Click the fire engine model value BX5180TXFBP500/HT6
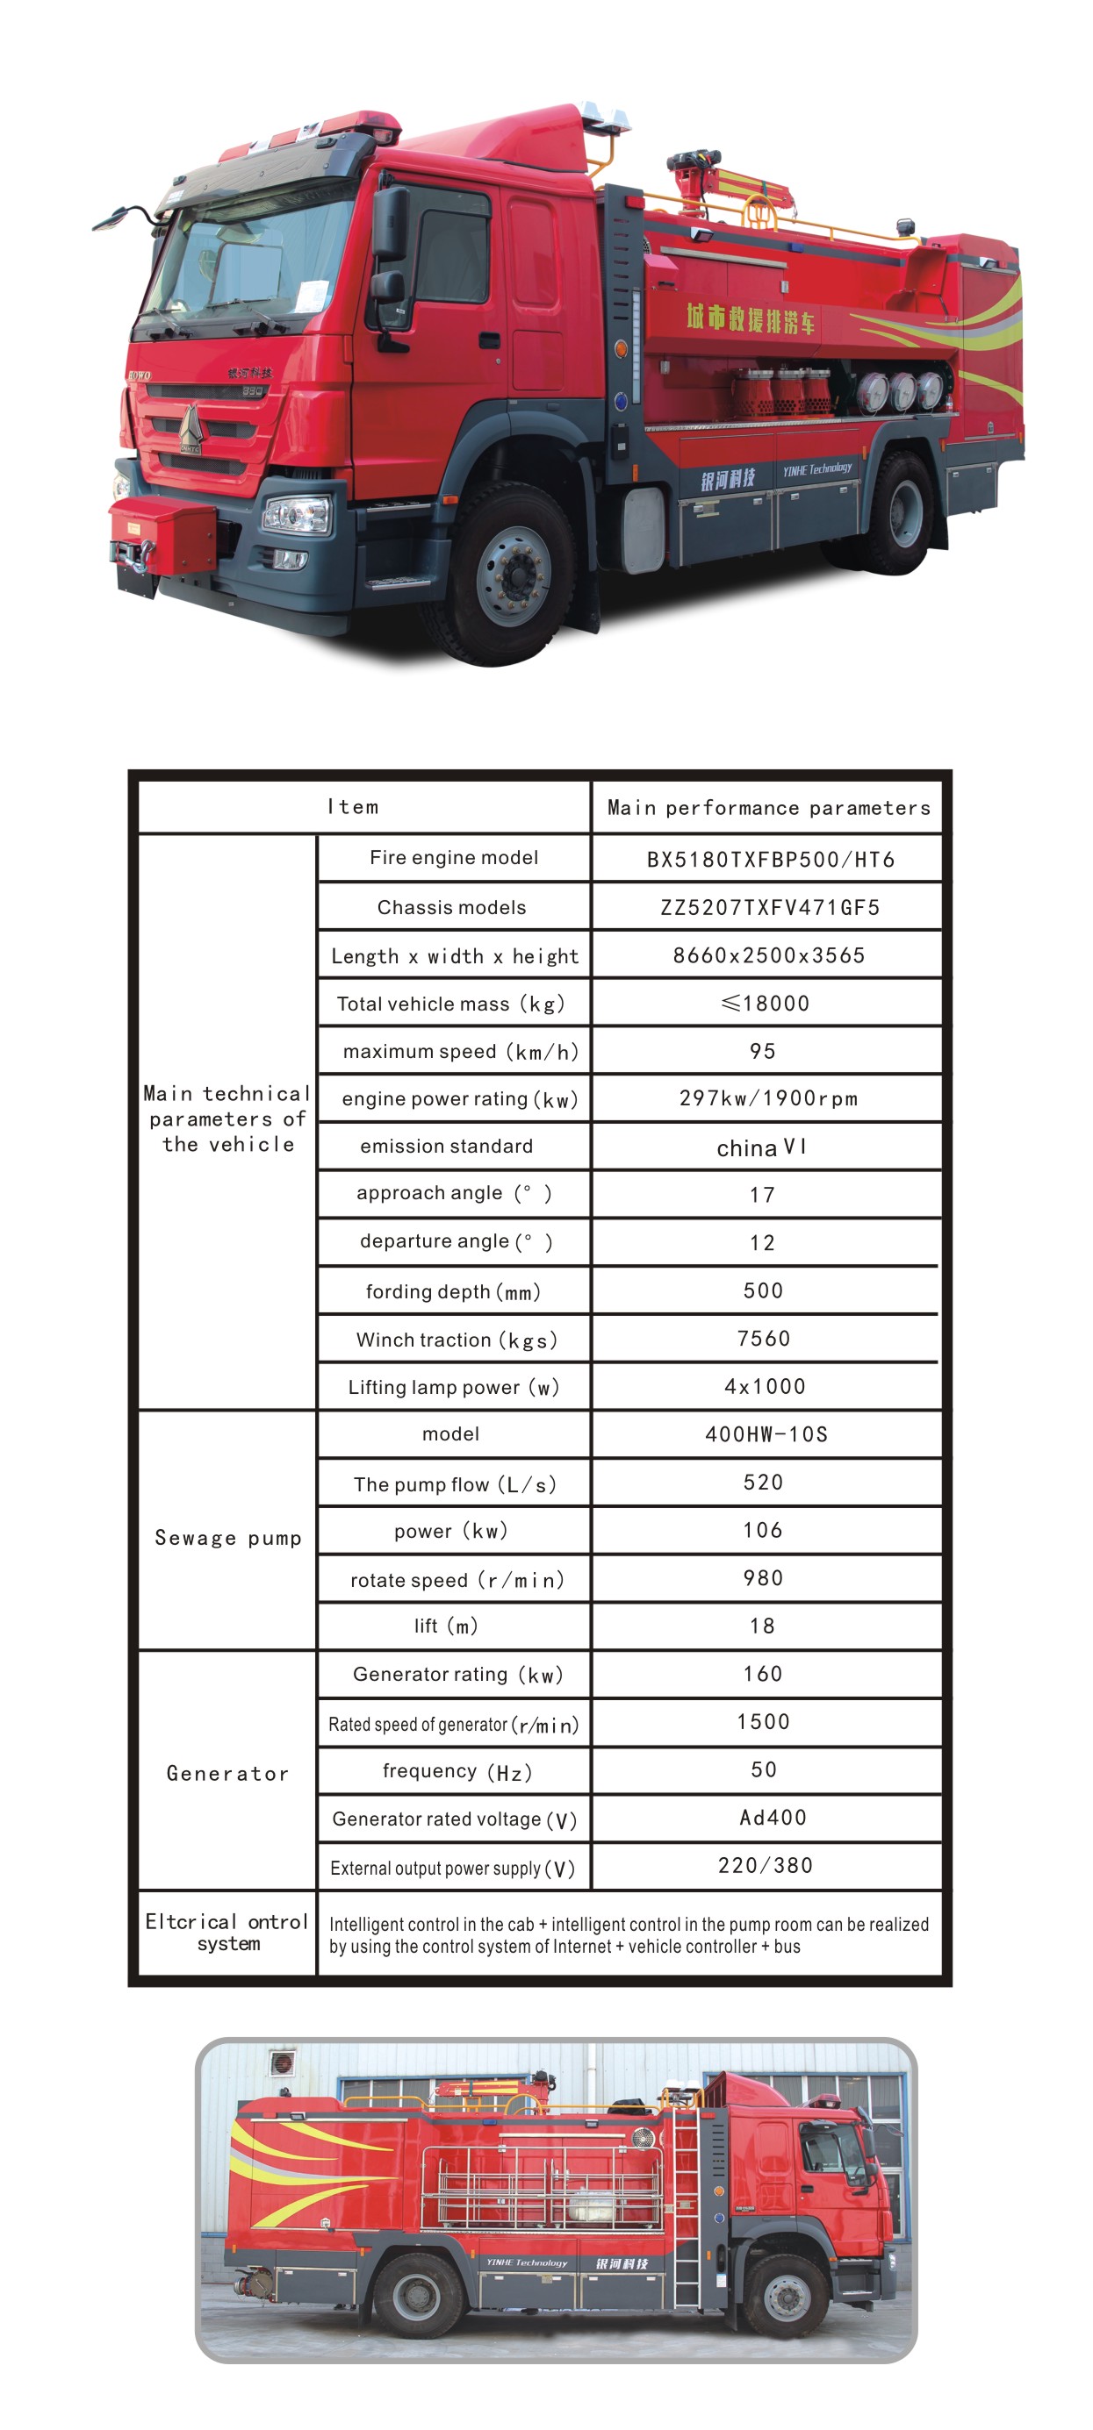tap(769, 860)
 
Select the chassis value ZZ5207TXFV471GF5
tap(769, 907)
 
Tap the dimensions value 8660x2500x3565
tap(768, 955)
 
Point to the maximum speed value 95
tap(763, 1051)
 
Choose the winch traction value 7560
tap(764, 1339)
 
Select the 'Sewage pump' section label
tap(227, 1539)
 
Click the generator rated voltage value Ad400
tap(772, 1818)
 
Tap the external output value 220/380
tap(765, 1865)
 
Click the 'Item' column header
tap(353, 807)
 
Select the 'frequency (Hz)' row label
tap(457, 1771)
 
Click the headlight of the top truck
tap(296, 515)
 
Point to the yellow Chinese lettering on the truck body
tap(750, 318)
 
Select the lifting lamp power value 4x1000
tap(765, 1387)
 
